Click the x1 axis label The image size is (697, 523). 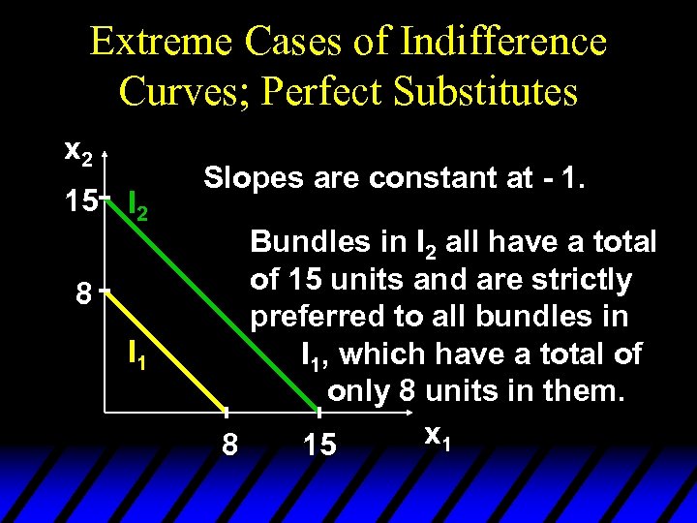[436, 438]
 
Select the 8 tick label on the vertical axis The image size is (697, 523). [86, 292]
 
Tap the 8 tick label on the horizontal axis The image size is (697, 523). [229, 446]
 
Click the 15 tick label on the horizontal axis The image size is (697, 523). [320, 446]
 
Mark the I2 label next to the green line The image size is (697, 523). [138, 205]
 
